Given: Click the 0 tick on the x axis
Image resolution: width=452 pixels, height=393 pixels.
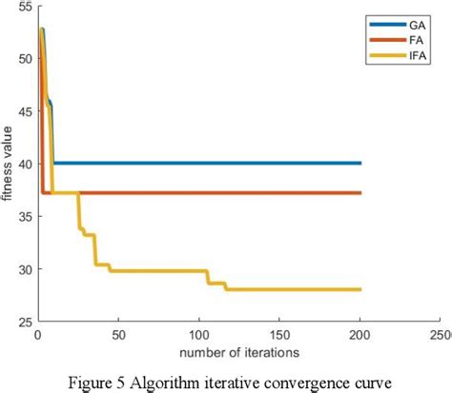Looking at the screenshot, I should click(x=37, y=335).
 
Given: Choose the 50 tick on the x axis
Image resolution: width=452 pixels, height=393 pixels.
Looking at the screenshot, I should click(x=118, y=335).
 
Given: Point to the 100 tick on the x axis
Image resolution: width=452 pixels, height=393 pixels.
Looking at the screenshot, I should click(x=198, y=335).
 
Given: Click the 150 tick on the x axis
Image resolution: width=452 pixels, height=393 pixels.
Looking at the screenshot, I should click(x=279, y=335).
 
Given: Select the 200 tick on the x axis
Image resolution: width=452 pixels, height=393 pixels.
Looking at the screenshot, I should click(x=360, y=335).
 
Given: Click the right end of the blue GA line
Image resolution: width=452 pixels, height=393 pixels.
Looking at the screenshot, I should click(x=360, y=163).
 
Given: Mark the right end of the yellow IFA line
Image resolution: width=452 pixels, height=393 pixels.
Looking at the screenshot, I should click(x=360, y=289).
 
